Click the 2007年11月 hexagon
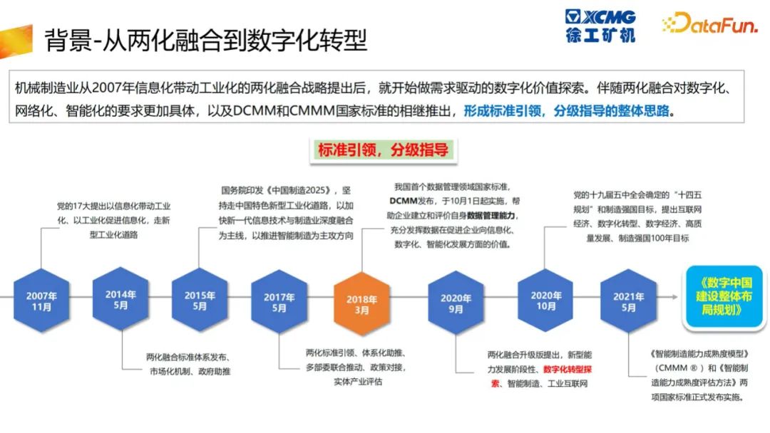pos(41,301)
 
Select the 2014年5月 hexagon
pos(120,299)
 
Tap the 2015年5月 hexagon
pos(200,300)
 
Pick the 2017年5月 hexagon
pos(279,302)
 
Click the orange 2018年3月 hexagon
pos(362,304)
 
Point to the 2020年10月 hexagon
pos(545,301)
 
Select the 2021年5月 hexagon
pos(629,301)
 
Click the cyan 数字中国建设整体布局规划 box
pos(724,296)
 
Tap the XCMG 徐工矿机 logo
pos(600,26)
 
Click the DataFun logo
pos(709,23)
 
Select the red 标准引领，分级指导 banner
pos(384,150)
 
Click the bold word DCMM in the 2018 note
pos(403,201)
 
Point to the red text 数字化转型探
pos(568,369)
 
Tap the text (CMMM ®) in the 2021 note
pos(677,367)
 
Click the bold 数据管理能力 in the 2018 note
pos(491,215)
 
